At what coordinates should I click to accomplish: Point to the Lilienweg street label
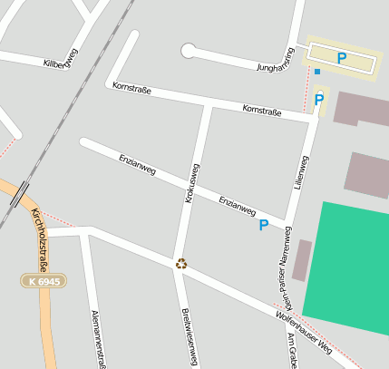[300, 171]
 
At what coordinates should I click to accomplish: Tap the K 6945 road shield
[44, 282]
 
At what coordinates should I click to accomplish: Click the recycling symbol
[181, 263]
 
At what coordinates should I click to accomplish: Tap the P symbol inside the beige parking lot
[342, 58]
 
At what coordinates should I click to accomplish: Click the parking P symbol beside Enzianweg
[264, 225]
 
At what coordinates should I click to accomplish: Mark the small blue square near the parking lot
[317, 71]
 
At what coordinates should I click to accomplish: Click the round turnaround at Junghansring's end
[189, 51]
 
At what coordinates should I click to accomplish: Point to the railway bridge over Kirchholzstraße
[21, 194]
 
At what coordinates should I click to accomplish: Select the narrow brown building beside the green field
[301, 260]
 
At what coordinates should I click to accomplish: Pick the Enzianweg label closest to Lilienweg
[238, 205]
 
